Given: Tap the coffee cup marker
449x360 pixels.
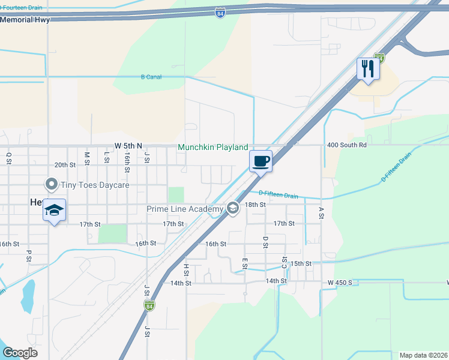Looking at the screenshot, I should click(x=261, y=161).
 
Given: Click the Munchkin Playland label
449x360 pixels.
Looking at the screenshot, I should click(x=213, y=147).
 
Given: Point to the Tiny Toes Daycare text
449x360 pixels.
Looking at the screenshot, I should click(x=95, y=185).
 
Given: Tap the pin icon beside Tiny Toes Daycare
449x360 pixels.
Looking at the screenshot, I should click(x=52, y=184).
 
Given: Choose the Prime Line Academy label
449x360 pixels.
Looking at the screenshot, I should click(x=185, y=209).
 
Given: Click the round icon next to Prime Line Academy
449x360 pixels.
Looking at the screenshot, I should click(x=233, y=209).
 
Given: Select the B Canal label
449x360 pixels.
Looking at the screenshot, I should click(x=151, y=77).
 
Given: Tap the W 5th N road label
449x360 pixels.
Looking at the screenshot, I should click(x=128, y=146).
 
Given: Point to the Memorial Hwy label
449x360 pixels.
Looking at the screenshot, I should click(x=25, y=19).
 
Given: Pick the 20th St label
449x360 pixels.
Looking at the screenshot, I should click(x=65, y=164).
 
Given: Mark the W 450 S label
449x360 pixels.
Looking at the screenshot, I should click(x=342, y=282).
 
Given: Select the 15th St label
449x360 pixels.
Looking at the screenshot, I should click(x=301, y=263).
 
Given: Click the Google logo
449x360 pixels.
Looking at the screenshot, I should click(x=20, y=353).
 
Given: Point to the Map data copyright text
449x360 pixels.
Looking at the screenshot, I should click(x=423, y=355).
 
